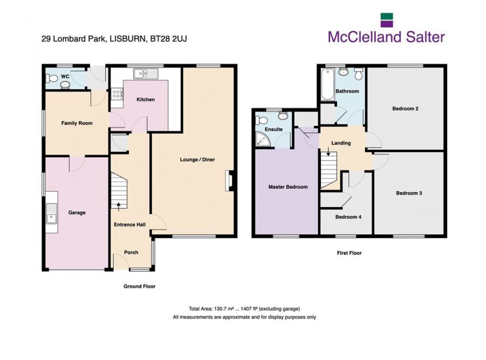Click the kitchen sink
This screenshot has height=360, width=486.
pos(146,74)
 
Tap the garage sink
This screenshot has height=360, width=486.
pos(52,214)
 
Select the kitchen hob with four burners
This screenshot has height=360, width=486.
pos(117,94)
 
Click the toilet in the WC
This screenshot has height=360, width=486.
pos(51,78)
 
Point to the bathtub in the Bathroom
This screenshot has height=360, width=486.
pos(327,84)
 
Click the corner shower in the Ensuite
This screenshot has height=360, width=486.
pos(263,139)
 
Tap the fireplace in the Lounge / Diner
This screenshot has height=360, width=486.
pos(229,180)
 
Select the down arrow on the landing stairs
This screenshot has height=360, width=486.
pos(328,151)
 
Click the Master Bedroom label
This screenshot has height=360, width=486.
pos(288,187)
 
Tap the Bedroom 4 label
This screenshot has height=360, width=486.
pos(348,217)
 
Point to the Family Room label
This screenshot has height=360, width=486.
pos(77,123)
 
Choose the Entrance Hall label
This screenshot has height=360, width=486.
pos(130,225)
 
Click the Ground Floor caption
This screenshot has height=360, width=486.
pos(139,286)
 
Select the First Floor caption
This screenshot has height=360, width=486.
pos(349,253)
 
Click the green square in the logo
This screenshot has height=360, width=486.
pos(387,16)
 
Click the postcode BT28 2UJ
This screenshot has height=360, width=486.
pos(168,39)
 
